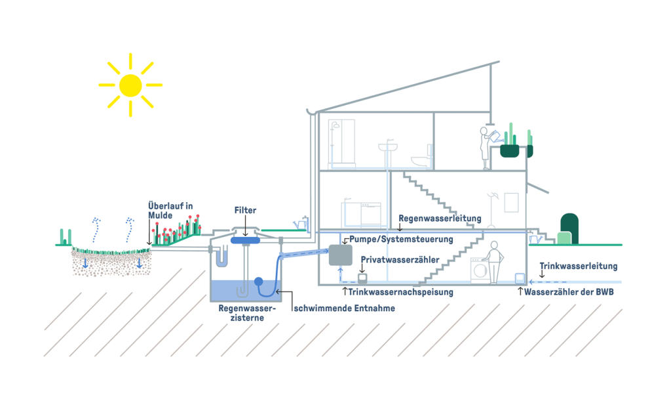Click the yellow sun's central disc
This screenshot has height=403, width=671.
pyautogui.click(x=130, y=85)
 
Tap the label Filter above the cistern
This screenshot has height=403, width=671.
pyautogui.click(x=245, y=210)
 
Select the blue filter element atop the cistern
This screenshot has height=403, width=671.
pyautogui.click(x=246, y=240)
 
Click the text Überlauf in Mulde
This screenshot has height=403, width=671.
pyautogui.click(x=170, y=211)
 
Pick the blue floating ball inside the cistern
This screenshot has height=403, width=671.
pyautogui.click(x=258, y=282)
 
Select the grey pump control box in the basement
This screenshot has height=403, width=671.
pyautogui.click(x=341, y=255)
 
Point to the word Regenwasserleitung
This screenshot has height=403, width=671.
pyautogui.click(x=440, y=218)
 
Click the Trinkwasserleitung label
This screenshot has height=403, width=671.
pyautogui.click(x=578, y=266)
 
